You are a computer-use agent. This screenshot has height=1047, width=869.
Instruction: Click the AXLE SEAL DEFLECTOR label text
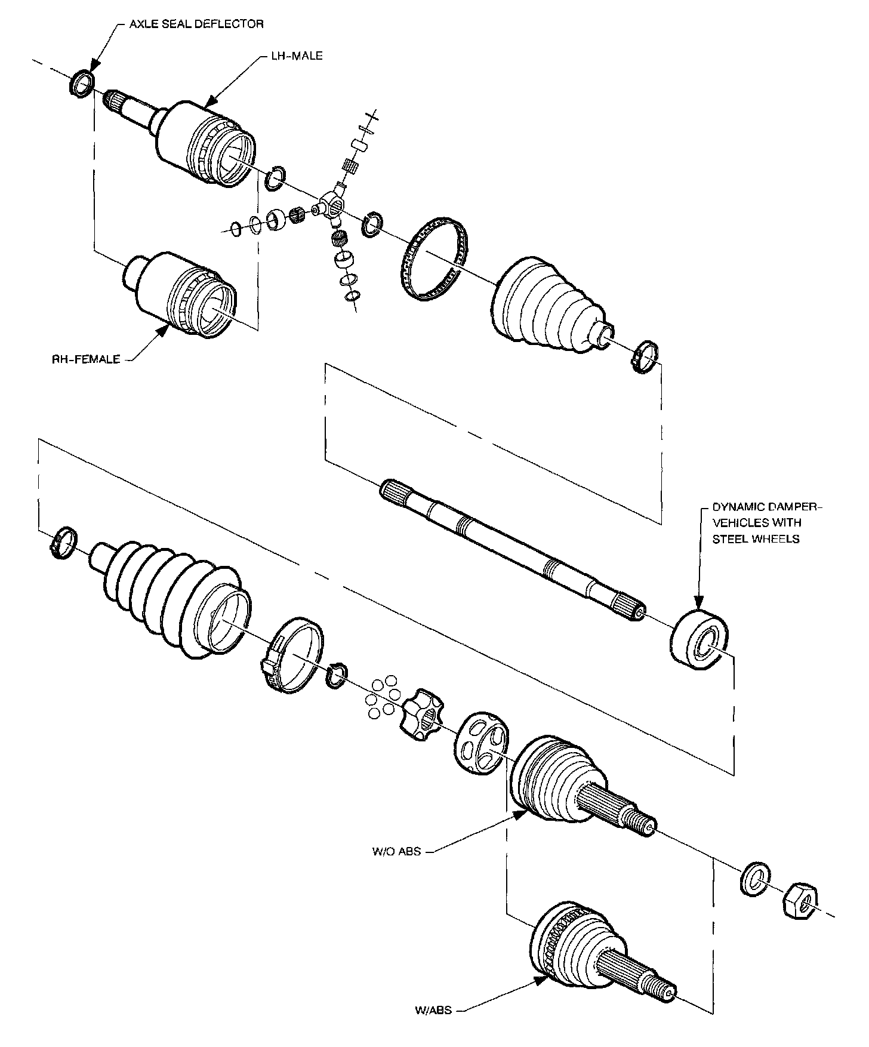(196, 24)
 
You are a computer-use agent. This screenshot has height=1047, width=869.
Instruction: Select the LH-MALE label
(293, 56)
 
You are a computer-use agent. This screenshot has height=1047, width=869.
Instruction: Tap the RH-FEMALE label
(86, 359)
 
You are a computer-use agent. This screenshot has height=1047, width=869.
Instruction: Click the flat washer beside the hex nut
(756, 878)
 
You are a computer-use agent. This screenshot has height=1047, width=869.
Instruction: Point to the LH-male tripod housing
(203, 143)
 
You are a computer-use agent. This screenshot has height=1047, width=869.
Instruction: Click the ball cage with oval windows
(482, 744)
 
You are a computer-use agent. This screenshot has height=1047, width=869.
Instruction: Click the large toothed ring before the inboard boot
(433, 259)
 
